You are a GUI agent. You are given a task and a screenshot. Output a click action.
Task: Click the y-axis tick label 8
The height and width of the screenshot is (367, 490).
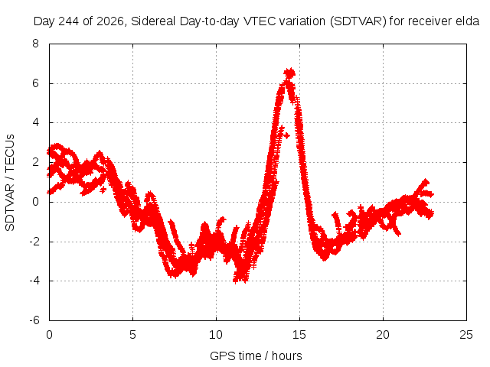[x=35, y=44]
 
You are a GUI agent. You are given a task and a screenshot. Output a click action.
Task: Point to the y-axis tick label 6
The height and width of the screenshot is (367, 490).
[x=35, y=83]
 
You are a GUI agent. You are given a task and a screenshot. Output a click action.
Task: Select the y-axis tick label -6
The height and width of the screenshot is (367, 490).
[x=34, y=320]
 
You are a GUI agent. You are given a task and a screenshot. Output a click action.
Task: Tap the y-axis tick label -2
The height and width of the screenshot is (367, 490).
[x=34, y=242]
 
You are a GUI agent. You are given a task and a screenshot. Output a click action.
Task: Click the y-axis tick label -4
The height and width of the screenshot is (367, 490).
[x=34, y=281]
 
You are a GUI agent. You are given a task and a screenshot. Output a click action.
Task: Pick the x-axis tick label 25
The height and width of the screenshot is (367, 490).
[x=466, y=335]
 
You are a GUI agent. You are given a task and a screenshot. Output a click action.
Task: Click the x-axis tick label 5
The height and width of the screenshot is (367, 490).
[x=132, y=335]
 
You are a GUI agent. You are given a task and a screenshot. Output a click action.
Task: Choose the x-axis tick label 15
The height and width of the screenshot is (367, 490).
[x=299, y=335]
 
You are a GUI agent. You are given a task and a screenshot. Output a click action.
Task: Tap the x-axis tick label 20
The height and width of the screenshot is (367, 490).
[x=383, y=335]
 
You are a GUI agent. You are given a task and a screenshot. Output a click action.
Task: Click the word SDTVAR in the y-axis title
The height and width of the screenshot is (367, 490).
[x=10, y=207]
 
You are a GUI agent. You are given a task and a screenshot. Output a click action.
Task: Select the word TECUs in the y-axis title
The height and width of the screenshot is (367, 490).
[x=10, y=153]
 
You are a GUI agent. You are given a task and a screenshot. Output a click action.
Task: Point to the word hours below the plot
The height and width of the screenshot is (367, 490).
[x=287, y=356]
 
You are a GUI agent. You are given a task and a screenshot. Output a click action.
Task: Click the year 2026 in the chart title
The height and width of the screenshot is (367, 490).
[x=110, y=21]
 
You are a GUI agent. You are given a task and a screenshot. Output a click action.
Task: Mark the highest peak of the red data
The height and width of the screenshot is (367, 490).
[x=289, y=73]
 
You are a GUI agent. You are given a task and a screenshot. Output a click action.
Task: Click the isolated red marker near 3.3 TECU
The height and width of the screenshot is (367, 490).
[x=286, y=136]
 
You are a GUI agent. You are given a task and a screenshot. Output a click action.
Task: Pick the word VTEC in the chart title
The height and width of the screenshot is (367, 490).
[x=260, y=21]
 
